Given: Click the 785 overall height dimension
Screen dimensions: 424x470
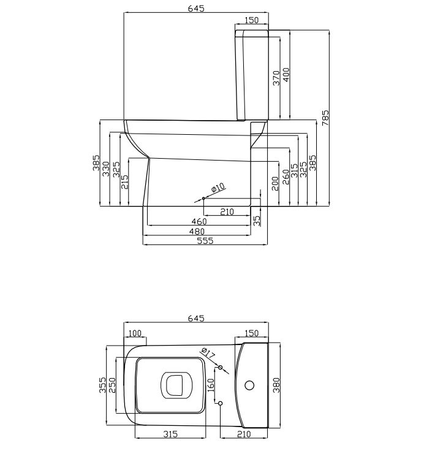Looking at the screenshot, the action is click(325, 118).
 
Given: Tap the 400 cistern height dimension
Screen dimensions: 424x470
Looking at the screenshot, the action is click(286, 75).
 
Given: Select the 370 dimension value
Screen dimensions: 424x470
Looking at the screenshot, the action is click(276, 78).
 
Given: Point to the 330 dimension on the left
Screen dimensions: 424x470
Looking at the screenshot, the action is click(106, 169).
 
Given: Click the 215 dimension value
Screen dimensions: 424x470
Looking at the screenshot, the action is click(124, 181).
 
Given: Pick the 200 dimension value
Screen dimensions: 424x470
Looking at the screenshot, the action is click(275, 183).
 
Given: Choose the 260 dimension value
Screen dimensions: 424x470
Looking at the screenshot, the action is click(286, 176).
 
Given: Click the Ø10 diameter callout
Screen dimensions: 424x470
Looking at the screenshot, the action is click(218, 188).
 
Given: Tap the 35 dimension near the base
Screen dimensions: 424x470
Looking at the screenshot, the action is click(257, 221).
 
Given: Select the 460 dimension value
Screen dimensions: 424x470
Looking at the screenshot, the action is click(199, 221).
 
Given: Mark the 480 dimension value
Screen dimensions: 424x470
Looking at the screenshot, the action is click(197, 232).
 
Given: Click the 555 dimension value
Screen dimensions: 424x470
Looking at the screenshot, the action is click(205, 240).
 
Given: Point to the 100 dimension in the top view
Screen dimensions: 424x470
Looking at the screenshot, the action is click(135, 333).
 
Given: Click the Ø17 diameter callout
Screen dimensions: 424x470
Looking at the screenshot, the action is click(208, 353).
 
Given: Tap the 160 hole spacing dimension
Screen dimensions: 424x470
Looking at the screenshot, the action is click(211, 385).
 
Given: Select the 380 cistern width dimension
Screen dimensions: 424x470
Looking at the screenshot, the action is click(276, 385).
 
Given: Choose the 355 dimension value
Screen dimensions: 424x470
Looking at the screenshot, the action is click(102, 385).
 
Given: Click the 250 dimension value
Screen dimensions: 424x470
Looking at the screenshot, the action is click(112, 385).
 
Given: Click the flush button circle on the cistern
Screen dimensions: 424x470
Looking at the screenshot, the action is click(249, 385).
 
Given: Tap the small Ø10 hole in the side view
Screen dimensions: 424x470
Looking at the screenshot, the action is click(203, 198).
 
